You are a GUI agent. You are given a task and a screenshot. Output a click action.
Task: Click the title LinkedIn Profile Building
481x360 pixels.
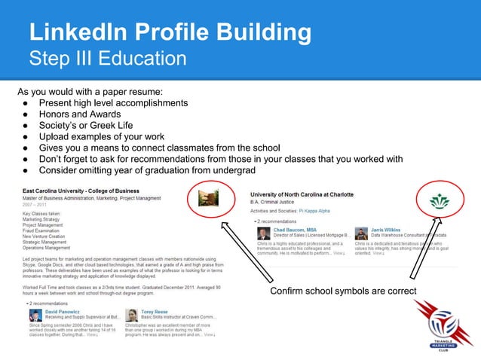click(170, 32)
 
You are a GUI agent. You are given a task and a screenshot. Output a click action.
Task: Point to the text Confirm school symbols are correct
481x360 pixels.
click(339, 291)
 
